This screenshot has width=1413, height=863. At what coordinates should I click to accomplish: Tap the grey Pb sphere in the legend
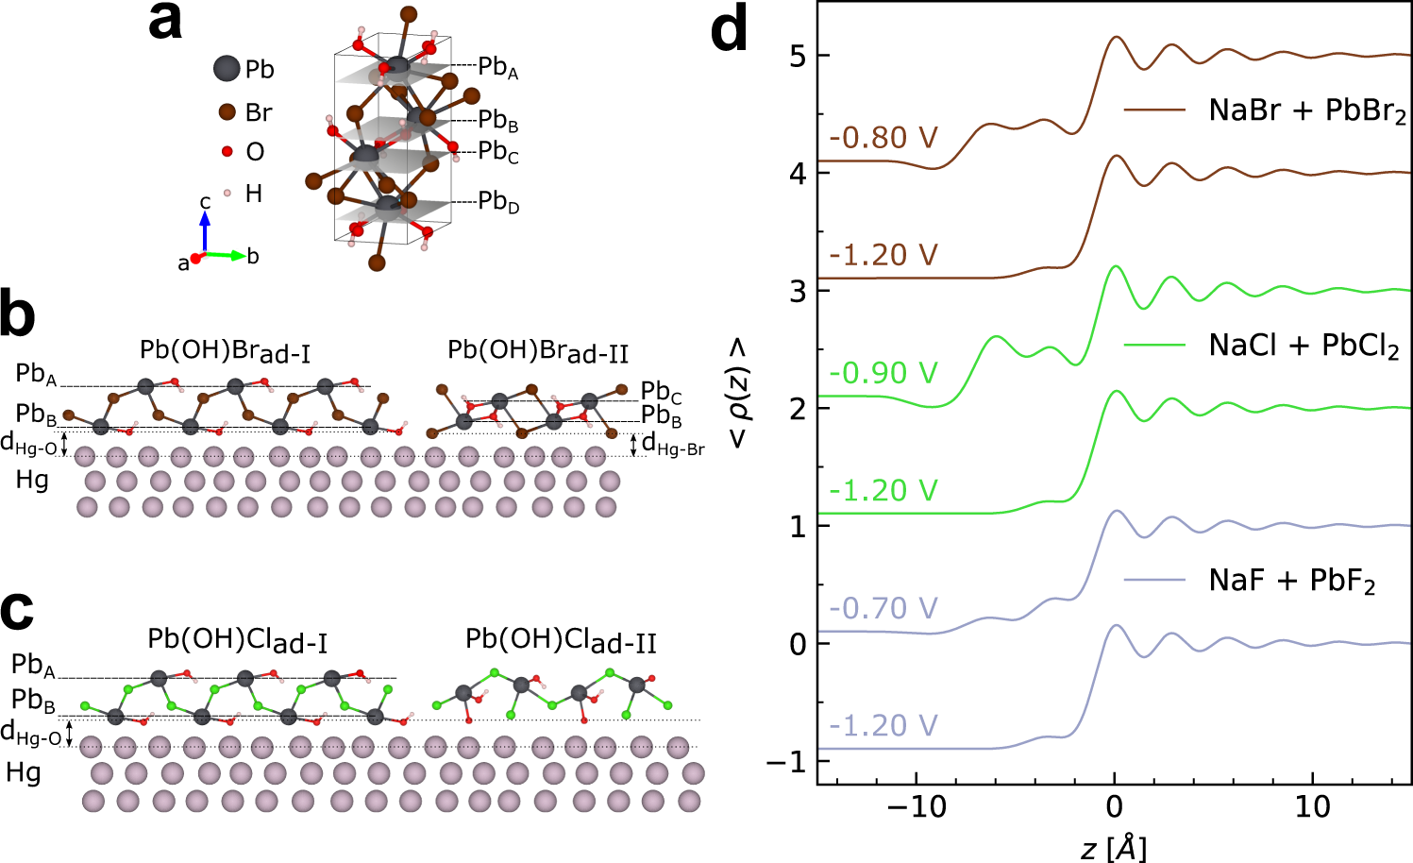(x=227, y=69)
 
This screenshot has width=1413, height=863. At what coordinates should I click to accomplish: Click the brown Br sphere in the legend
(x=227, y=112)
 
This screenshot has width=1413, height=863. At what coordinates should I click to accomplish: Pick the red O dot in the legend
(x=227, y=151)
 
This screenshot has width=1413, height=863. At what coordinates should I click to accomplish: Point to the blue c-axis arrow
(x=204, y=229)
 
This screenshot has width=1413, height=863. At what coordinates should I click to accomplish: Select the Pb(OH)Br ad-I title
(x=225, y=351)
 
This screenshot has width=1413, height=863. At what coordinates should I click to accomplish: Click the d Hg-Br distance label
(x=673, y=444)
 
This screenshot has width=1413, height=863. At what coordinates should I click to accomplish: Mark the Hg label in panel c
(x=24, y=772)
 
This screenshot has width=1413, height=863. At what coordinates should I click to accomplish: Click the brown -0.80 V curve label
(x=883, y=138)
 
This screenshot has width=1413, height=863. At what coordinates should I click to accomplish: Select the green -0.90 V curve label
(x=883, y=373)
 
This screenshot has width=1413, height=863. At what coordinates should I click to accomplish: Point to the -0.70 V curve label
(x=883, y=608)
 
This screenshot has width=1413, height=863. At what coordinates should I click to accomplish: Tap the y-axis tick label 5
(x=798, y=56)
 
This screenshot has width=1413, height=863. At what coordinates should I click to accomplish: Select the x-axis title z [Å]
(x=1114, y=847)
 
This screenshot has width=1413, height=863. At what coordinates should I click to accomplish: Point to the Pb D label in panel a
(x=498, y=201)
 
